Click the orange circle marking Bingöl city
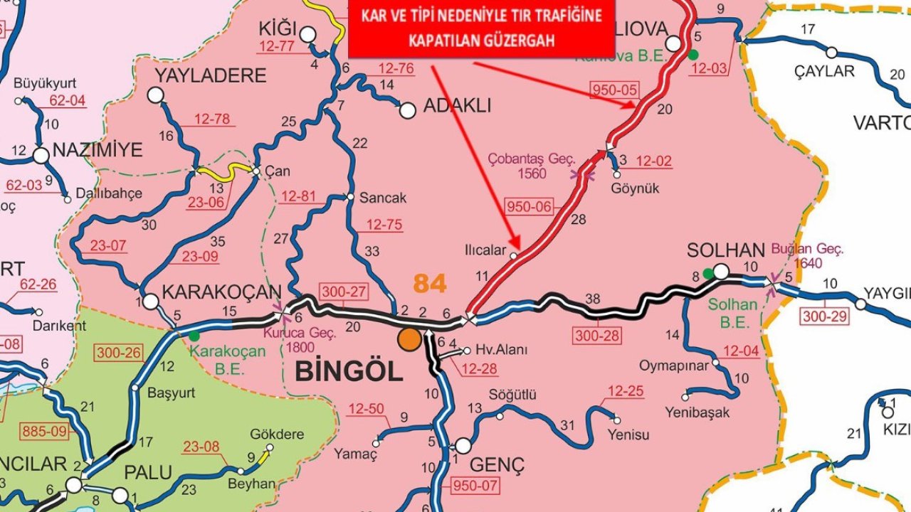tap(409, 339)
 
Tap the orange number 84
tap(430, 283)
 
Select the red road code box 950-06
tap(529, 207)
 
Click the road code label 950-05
tap(615, 90)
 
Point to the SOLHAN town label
tap(725, 250)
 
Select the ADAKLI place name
tap(457, 107)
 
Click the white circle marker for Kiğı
tap(307, 34)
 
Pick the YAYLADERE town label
tap(201, 75)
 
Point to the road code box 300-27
tap(344, 292)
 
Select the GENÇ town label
tap(497, 466)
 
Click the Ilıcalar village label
tap(484, 250)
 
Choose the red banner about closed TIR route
tap(481, 28)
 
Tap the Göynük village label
tap(635, 188)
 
